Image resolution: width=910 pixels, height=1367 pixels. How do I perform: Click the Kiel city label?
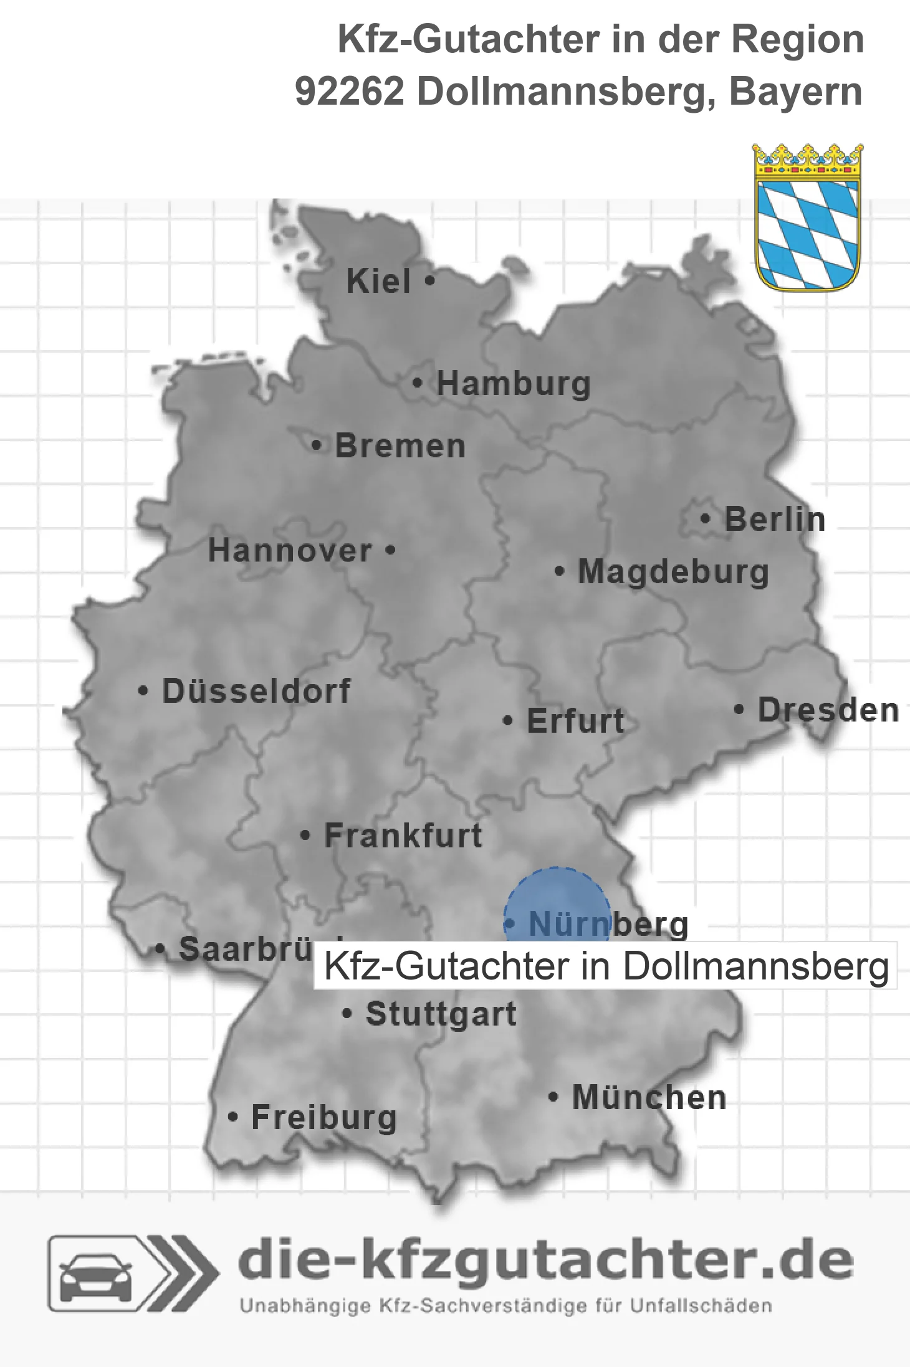(378, 282)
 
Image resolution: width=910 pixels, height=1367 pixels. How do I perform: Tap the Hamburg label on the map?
(513, 384)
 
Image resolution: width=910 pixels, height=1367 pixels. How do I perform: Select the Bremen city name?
(400, 447)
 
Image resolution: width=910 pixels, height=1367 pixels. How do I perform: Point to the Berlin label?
(775, 520)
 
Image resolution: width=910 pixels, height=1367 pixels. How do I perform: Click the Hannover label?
(290, 551)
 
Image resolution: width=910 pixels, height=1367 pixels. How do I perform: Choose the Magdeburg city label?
(673, 572)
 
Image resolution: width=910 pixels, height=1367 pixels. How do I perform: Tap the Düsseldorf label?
(256, 691)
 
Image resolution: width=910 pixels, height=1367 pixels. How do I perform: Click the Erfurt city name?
(575, 721)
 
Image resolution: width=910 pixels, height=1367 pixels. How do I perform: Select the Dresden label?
(828, 710)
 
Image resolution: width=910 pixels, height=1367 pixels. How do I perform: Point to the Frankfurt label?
(403, 836)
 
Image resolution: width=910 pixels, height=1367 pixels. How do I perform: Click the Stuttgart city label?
(441, 1014)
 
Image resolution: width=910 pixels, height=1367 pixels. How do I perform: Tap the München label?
(649, 1097)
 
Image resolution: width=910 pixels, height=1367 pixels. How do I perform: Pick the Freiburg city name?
(323, 1118)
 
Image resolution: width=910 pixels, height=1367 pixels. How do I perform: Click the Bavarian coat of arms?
(808, 218)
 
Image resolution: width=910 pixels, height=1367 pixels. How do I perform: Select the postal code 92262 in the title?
(350, 92)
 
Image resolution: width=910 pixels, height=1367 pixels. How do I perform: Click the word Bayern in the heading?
(795, 92)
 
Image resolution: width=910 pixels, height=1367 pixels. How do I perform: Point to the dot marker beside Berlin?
(706, 519)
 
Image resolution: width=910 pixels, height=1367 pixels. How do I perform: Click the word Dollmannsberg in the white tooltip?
(756, 966)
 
